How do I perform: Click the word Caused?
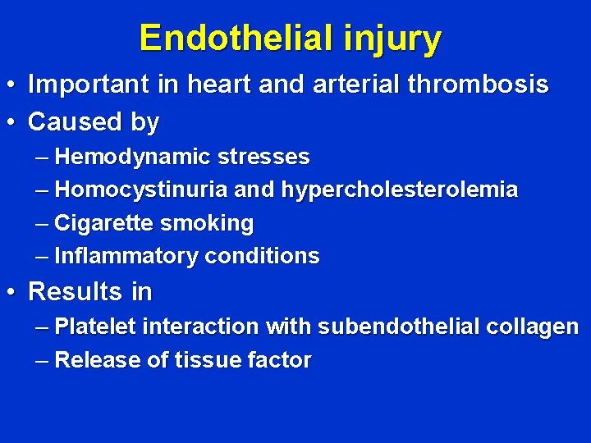pos(76,122)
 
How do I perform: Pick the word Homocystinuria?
pos(141,190)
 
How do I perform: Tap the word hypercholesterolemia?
pos(400,190)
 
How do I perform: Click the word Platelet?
pos(96,326)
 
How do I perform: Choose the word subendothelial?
pos(399,326)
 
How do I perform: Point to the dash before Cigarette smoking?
pos(43,223)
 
